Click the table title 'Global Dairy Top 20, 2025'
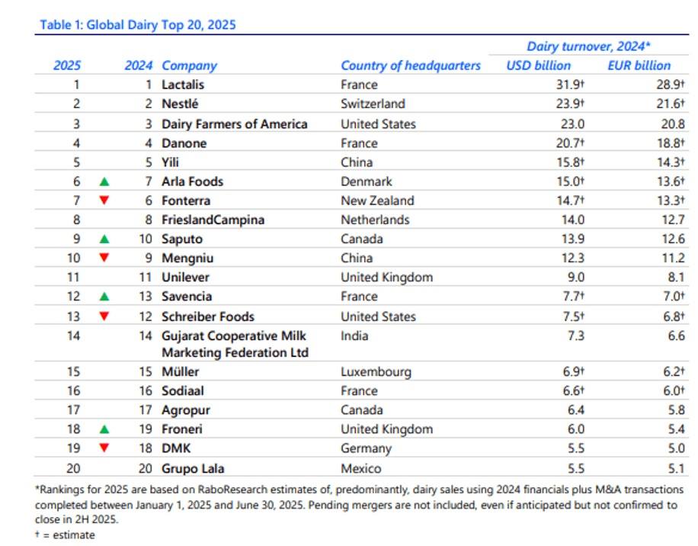click(137, 25)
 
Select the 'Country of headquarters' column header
click(411, 66)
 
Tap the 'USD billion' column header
click(538, 66)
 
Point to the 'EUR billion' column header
click(639, 66)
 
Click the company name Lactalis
click(183, 85)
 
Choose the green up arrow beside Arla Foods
click(104, 181)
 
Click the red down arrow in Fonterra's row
click(104, 201)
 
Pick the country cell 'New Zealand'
click(377, 201)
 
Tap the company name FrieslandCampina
click(214, 220)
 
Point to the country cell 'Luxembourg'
click(376, 372)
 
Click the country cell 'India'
click(354, 336)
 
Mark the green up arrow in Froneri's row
click(104, 430)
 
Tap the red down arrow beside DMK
click(104, 449)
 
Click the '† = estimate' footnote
click(65, 535)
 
